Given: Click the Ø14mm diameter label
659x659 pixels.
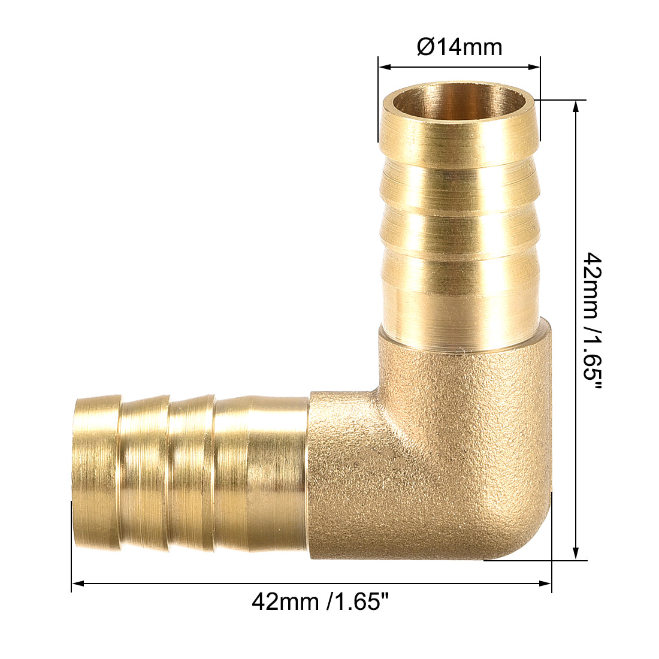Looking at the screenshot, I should [x=460, y=47].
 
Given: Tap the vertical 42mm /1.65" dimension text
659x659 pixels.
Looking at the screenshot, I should [x=593, y=328].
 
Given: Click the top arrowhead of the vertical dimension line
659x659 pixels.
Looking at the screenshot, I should [x=576, y=105].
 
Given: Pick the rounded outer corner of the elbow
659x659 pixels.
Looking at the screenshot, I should [x=527, y=539].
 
